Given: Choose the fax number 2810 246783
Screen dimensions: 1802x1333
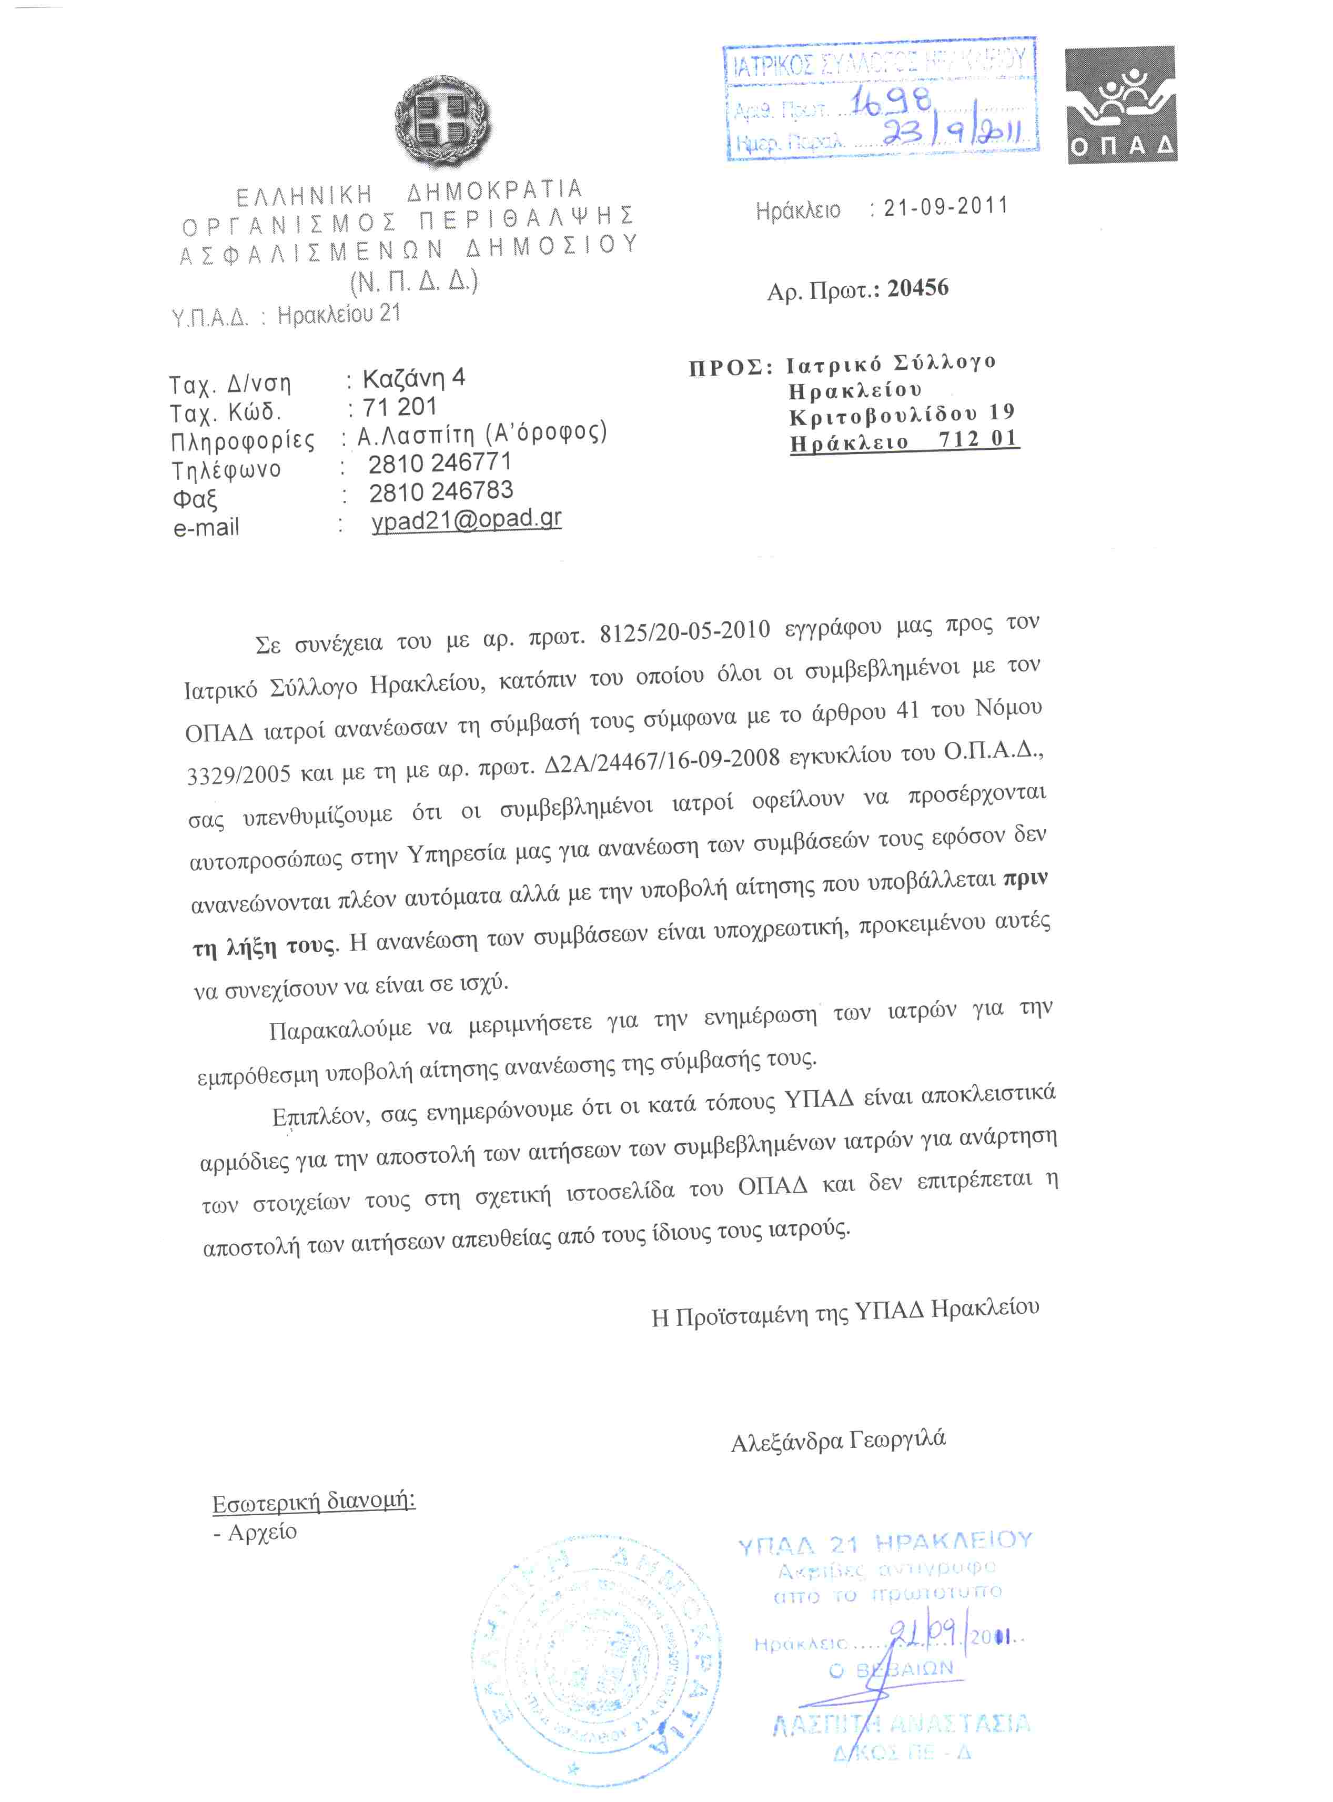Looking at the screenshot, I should click(x=441, y=491).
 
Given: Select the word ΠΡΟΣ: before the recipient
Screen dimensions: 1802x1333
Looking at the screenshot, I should click(x=730, y=368).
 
